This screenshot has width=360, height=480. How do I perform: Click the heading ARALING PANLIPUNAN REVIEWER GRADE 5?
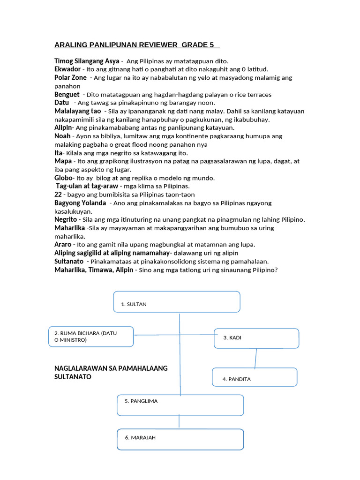click(x=137, y=45)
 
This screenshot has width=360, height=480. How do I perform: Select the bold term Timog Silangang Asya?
click(x=87, y=61)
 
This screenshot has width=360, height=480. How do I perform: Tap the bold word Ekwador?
click(x=67, y=69)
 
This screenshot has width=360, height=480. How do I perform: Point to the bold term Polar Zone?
click(x=71, y=78)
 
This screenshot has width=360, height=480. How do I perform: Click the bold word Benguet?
click(x=67, y=95)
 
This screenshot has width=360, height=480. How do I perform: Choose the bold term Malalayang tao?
click(x=78, y=111)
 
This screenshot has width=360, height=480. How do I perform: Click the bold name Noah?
click(x=63, y=136)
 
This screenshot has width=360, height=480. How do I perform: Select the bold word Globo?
click(x=64, y=178)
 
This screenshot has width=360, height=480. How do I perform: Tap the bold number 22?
click(x=59, y=195)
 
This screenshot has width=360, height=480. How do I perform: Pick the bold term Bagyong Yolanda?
click(x=80, y=203)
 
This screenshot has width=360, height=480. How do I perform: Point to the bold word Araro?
click(x=63, y=244)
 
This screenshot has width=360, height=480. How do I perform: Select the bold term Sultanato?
click(x=69, y=261)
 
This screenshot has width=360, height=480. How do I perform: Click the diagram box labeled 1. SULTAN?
click(x=177, y=301)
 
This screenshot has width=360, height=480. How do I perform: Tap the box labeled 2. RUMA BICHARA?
click(x=91, y=337)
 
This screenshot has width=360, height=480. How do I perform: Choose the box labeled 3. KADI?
click(x=256, y=338)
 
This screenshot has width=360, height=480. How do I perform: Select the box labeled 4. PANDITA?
click(x=255, y=377)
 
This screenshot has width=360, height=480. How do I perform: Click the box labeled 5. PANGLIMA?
click(x=180, y=405)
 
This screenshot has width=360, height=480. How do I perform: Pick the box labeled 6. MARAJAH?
click(x=180, y=439)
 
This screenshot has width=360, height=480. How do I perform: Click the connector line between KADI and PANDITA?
click(x=255, y=358)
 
